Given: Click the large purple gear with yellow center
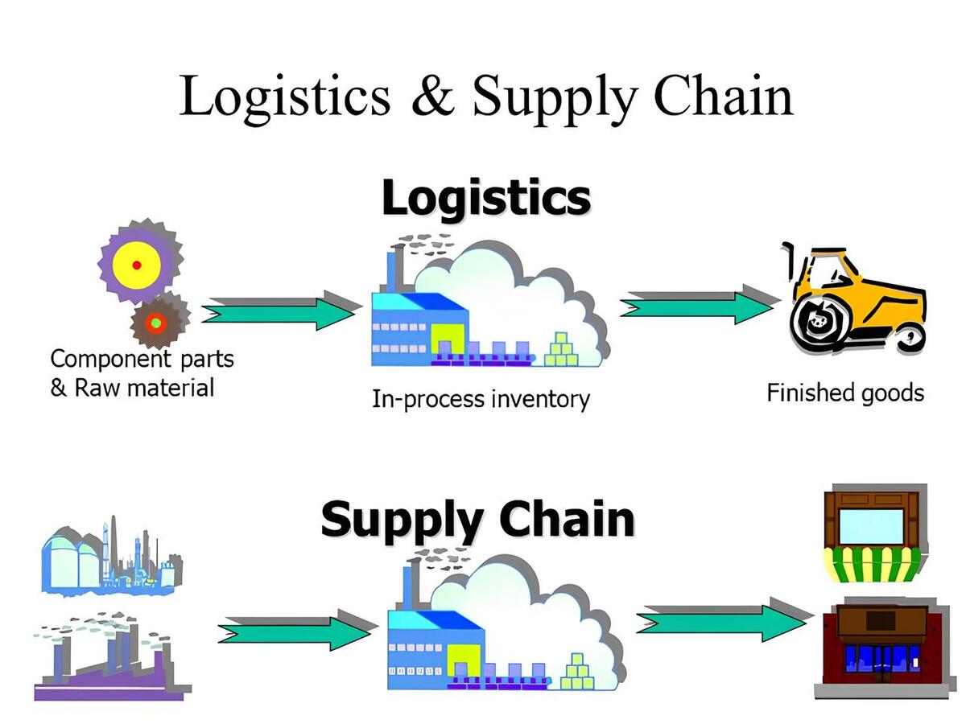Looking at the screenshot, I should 138,264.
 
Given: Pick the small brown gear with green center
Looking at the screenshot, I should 157,322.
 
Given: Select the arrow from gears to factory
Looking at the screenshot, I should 278,311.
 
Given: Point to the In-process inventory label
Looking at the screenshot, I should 481,399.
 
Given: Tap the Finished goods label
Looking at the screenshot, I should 845,393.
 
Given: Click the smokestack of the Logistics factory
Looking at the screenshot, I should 395,269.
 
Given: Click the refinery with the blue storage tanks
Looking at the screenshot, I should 109,555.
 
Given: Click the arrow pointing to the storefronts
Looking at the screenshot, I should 720,620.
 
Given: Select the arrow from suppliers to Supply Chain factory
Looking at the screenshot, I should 294,630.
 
